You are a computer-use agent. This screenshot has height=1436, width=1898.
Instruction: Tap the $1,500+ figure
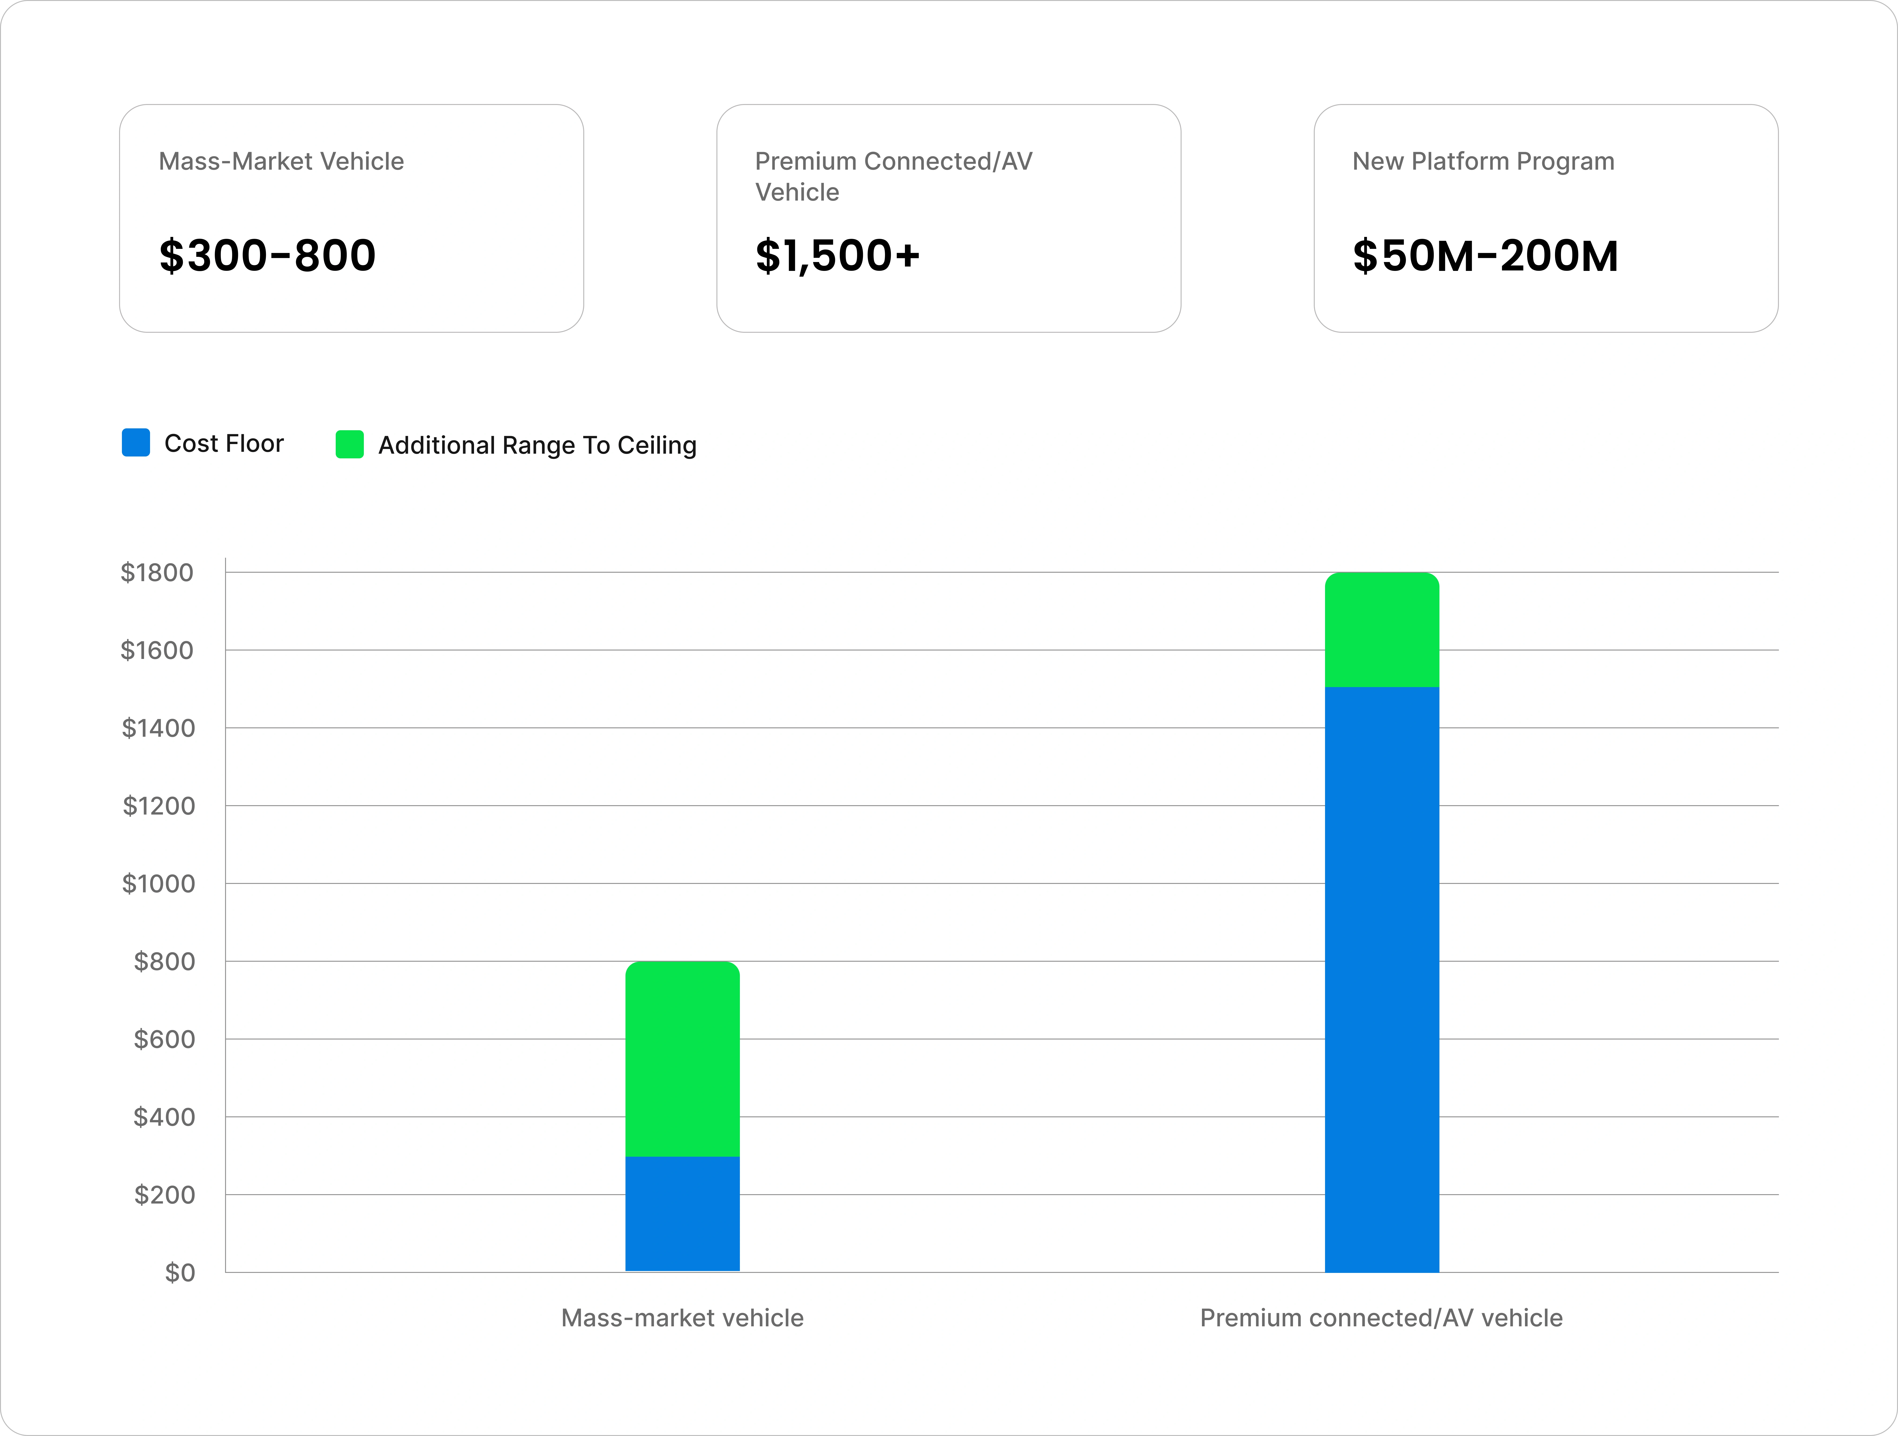[837, 256]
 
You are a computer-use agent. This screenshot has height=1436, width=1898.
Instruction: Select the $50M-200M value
[1485, 256]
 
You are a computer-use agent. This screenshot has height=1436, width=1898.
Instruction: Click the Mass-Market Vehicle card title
[281, 161]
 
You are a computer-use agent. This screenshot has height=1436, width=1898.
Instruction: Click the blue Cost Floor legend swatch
[136, 443]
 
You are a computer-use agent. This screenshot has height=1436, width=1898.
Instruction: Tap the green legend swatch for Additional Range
[349, 444]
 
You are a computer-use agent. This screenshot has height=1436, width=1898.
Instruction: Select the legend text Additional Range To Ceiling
[537, 445]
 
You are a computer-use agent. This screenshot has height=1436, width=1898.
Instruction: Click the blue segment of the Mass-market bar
[682, 1214]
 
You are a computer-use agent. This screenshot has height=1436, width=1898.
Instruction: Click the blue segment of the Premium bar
[1382, 980]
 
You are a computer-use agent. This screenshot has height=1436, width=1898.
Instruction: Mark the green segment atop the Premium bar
[1382, 630]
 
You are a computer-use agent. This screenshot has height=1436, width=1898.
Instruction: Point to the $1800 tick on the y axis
[157, 572]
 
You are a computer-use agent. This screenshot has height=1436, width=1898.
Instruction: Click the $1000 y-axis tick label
[159, 884]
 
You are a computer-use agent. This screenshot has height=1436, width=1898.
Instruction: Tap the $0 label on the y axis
[180, 1272]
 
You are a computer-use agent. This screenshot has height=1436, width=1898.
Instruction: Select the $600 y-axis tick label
[165, 1039]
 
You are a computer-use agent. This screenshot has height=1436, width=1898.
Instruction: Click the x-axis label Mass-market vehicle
[682, 1318]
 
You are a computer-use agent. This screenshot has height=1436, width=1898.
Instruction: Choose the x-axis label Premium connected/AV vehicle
[1382, 1318]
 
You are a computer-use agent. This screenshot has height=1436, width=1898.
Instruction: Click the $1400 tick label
[159, 728]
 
